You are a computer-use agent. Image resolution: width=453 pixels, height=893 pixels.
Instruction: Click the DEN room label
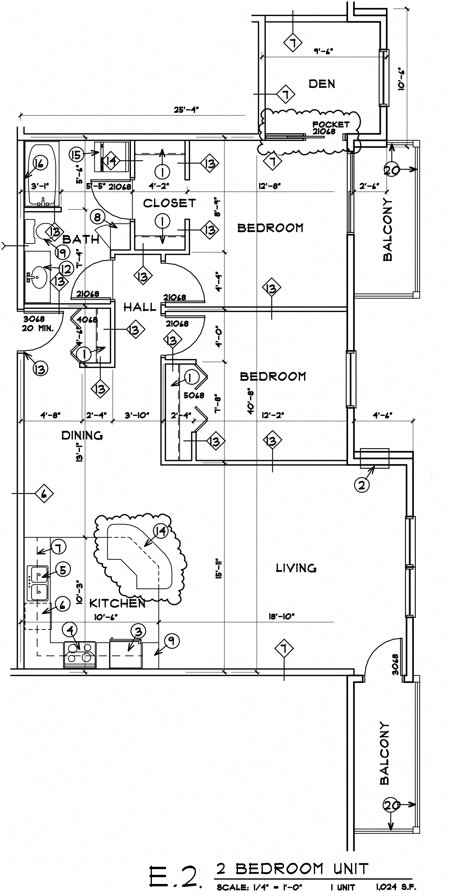click(322, 84)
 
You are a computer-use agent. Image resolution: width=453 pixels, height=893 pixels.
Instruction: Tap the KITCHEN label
click(117, 604)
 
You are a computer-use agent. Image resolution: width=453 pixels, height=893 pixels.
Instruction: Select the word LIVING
click(297, 568)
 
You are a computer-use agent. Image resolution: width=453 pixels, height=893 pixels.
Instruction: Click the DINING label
click(82, 435)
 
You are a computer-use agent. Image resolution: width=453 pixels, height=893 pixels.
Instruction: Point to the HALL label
click(140, 307)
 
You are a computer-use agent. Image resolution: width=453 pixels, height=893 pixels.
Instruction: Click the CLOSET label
click(169, 203)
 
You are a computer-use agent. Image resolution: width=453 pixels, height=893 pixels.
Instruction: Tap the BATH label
click(81, 240)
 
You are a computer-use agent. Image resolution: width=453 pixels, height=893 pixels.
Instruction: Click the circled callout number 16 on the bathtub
click(40, 163)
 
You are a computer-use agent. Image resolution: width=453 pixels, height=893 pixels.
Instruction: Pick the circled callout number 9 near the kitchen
click(171, 641)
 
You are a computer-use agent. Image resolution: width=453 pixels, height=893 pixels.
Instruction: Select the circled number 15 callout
click(77, 154)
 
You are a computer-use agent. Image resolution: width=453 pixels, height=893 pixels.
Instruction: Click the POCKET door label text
click(331, 125)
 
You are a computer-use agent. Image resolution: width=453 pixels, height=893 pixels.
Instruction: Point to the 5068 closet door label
click(194, 395)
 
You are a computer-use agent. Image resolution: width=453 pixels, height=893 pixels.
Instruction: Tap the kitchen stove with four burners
click(80, 654)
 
